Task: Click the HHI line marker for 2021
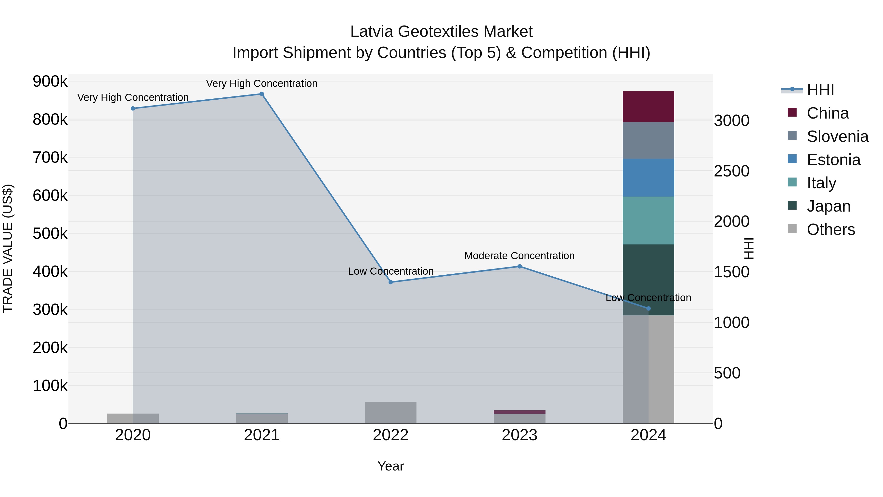(261, 94)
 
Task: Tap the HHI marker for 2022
(390, 282)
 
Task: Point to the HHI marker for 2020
(133, 108)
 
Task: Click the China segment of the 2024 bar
(648, 107)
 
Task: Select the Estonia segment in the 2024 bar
(648, 178)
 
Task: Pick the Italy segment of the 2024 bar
(648, 221)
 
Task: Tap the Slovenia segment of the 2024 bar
(648, 141)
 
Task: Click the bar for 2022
(390, 412)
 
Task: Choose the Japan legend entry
(828, 206)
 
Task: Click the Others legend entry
(831, 229)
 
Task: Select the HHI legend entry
(820, 90)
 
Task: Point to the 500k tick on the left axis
(50, 234)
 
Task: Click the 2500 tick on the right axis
(731, 171)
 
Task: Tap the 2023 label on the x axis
(519, 435)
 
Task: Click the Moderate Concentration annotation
(519, 256)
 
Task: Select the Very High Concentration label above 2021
(261, 83)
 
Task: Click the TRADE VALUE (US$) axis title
(8, 248)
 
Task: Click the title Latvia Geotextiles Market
(441, 32)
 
